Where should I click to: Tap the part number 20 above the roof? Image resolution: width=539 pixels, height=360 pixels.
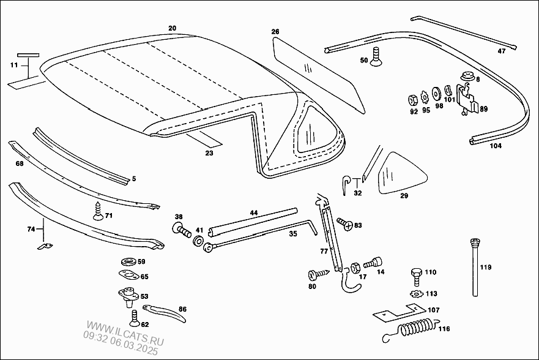tap(172, 28)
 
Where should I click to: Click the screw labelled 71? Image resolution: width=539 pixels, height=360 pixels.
tap(96, 211)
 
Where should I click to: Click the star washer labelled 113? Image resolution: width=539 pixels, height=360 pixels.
tap(416, 293)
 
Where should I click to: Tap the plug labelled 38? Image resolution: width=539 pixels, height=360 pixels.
tap(181, 230)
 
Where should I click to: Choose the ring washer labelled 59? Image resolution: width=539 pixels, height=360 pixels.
tap(127, 262)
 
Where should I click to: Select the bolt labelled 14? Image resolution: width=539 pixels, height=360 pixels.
tap(371, 264)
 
